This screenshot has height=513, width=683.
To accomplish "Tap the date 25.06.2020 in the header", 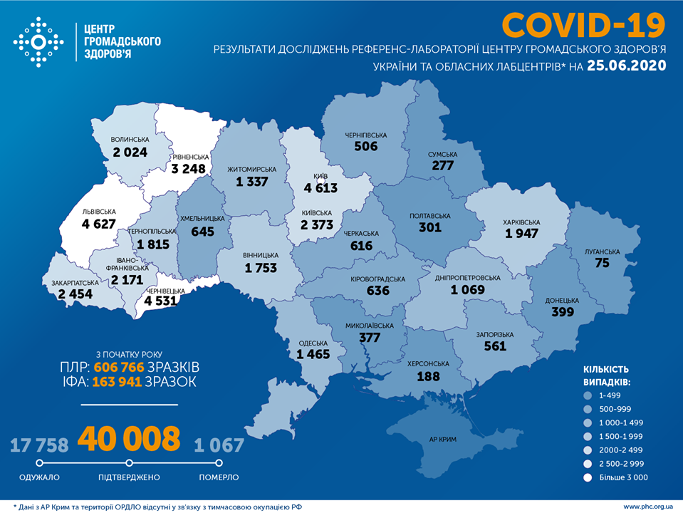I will [x=627, y=66].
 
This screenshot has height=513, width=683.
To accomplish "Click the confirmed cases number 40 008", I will [x=129, y=439].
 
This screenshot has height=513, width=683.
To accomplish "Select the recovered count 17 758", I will [x=39, y=445].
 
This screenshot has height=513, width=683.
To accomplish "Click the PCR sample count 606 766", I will [x=118, y=367].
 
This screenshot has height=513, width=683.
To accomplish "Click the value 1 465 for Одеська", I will [x=314, y=353].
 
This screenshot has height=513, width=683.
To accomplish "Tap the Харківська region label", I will [x=522, y=222].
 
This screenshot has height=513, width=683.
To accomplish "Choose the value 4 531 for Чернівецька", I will [x=165, y=301].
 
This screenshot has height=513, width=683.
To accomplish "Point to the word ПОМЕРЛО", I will [x=219, y=477].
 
